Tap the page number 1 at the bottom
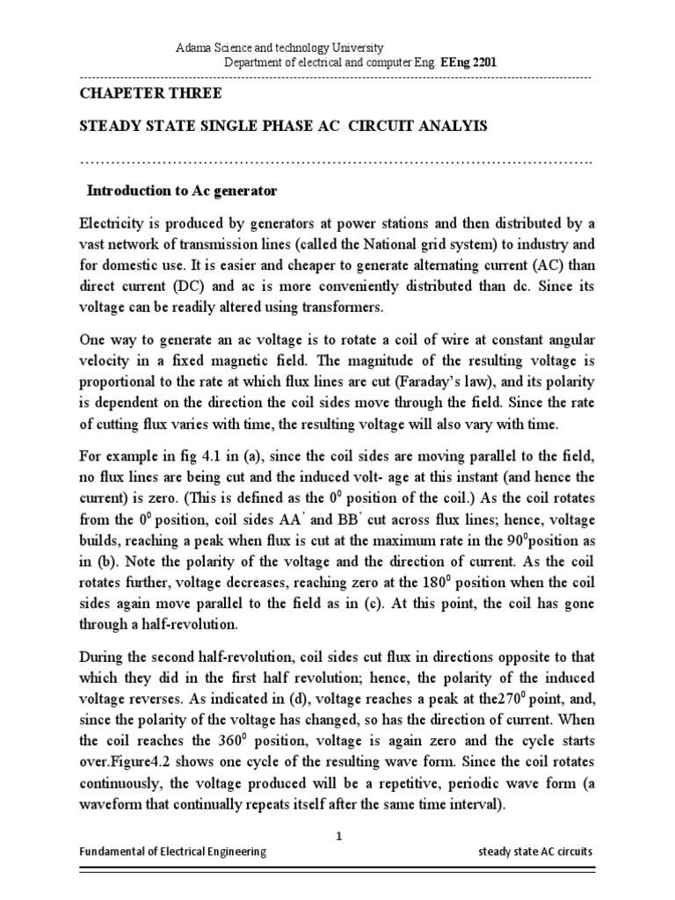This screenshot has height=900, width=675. pyautogui.click(x=337, y=837)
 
